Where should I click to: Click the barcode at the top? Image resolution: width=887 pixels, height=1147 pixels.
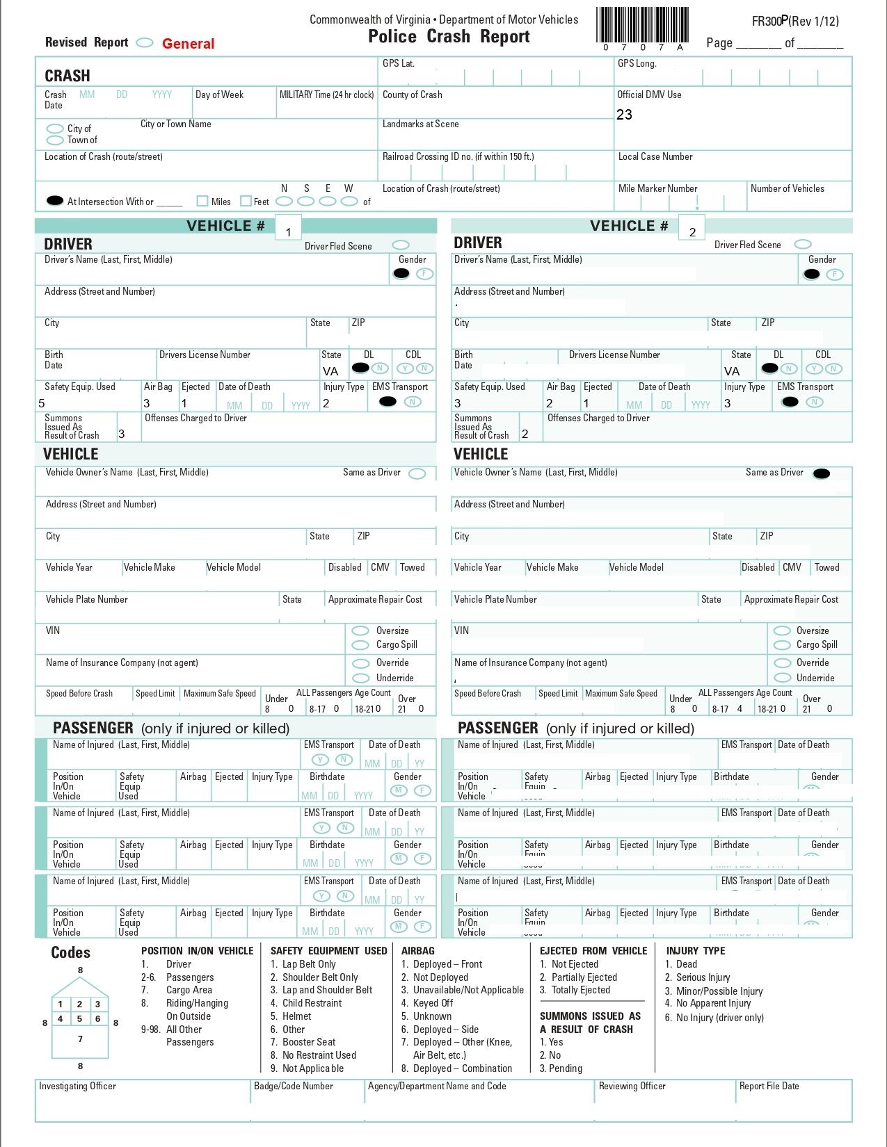click(642, 26)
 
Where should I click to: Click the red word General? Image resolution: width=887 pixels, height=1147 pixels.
click(188, 44)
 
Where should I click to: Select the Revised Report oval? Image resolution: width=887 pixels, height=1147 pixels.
click(145, 42)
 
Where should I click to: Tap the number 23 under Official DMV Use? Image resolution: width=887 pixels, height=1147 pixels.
click(624, 115)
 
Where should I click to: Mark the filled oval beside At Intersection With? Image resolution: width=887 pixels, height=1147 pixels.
click(55, 201)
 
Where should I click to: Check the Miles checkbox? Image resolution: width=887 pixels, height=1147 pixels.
click(202, 201)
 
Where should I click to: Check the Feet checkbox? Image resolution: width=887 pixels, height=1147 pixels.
click(246, 201)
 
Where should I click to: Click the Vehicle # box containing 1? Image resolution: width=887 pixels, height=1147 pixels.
click(288, 228)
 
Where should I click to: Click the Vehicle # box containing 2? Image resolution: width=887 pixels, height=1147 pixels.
click(692, 228)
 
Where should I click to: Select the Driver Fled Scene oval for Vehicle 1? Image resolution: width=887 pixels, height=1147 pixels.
click(401, 245)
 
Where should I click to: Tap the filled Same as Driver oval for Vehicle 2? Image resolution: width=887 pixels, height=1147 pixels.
click(822, 474)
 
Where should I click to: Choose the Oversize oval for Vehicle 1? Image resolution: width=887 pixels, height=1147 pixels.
click(360, 631)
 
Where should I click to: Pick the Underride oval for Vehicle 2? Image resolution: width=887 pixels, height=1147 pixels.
click(783, 678)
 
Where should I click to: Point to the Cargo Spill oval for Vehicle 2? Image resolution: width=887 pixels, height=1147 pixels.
click(783, 644)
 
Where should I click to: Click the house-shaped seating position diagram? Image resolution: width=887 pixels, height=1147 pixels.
click(80, 1018)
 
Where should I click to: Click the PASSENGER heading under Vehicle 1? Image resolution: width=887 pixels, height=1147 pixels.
click(93, 728)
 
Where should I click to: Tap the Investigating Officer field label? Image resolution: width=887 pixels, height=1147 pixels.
click(77, 1086)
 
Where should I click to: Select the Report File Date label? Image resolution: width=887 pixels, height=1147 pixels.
click(769, 1086)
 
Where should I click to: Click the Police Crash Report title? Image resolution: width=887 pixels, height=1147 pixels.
click(449, 37)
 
